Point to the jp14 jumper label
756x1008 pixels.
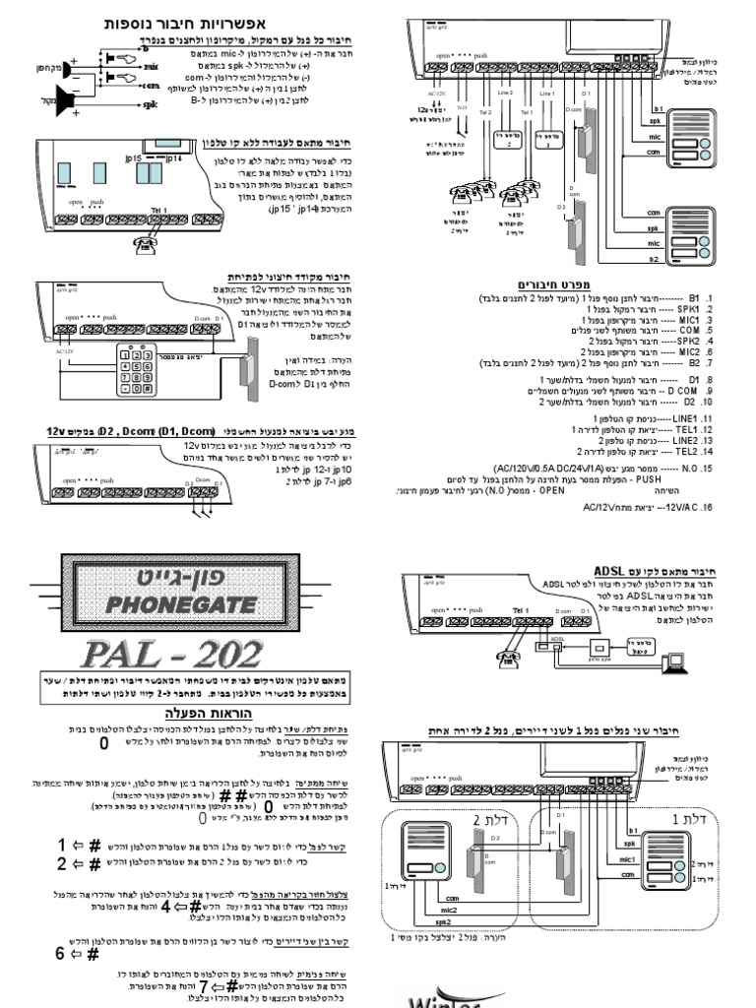point(173,157)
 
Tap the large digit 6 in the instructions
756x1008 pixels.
point(60,953)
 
